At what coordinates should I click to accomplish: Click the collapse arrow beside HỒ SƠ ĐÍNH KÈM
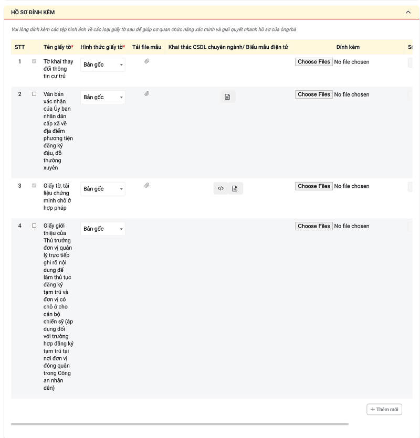click(408, 12)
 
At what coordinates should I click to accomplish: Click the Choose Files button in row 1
click(313, 62)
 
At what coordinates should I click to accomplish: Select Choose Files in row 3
click(313, 186)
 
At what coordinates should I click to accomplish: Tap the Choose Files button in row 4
click(313, 226)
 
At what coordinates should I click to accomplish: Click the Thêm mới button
click(384, 409)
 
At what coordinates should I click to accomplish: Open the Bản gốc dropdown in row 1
click(103, 65)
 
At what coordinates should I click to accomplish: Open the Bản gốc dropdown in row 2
click(103, 97)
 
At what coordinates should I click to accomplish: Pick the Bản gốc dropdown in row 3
click(103, 189)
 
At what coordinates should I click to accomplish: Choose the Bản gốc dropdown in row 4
click(103, 229)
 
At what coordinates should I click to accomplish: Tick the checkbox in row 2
click(34, 94)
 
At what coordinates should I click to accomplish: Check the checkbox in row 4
click(34, 226)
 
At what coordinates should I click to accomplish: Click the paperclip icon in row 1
click(147, 61)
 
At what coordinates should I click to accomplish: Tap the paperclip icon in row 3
click(147, 186)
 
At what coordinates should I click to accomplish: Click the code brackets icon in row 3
click(221, 188)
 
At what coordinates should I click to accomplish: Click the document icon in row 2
click(227, 97)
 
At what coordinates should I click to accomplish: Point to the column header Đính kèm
click(348, 47)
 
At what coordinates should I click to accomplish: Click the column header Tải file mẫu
click(147, 47)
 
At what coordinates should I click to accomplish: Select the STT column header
click(20, 47)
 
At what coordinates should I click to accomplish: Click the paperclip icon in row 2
click(147, 94)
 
